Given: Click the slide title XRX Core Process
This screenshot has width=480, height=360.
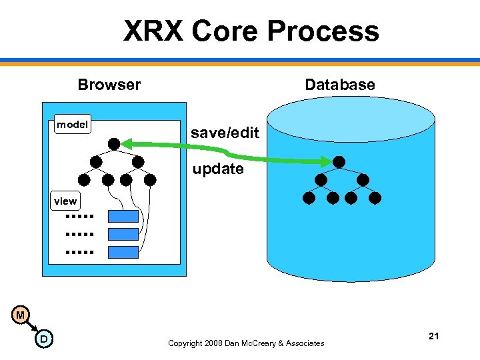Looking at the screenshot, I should pos(251,31).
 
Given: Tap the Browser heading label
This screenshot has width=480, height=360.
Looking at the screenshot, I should pos(109,85).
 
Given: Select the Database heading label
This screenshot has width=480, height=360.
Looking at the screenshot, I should pos(339,85).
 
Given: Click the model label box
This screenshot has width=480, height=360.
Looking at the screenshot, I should pos(73,125).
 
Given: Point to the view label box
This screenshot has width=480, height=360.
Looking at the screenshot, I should pos(65,201).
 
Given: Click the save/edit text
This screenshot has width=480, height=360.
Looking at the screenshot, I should pos(225,133).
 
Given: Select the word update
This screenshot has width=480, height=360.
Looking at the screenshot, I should pos(218,169).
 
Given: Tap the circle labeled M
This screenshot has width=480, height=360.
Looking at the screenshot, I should pos(21,315).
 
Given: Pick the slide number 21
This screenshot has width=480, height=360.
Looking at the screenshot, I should pos(433,336).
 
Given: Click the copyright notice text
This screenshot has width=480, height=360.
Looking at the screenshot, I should pos(246,343).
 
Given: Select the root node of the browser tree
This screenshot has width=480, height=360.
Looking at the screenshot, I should pos(115,143).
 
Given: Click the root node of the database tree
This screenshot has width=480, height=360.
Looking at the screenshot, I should pos(339,162).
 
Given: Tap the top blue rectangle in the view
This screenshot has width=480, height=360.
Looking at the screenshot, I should pos(123,216).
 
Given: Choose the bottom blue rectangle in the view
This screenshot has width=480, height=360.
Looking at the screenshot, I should pos(123,252).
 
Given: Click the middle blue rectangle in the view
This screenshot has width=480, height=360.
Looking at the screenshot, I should pos(123,234).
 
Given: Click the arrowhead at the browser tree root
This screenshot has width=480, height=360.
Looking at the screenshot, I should pos(127,143).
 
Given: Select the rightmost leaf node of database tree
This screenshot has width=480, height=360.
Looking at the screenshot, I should pos(375,198).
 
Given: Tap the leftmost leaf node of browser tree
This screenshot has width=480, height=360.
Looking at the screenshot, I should pos(84,179).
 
